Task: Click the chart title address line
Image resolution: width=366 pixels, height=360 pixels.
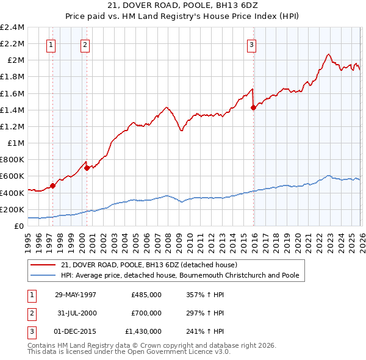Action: pyautogui.click(x=182, y=5)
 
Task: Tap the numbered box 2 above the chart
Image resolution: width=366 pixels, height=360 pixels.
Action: pyautogui.click(x=85, y=44)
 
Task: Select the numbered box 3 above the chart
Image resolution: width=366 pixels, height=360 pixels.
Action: pyautogui.click(x=251, y=44)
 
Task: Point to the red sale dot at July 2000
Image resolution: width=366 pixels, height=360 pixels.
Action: pyautogui.click(x=87, y=168)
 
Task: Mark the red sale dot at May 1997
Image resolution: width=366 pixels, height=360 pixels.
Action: pyautogui.click(x=53, y=185)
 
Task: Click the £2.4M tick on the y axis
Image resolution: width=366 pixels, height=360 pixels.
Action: pyautogui.click(x=12, y=27)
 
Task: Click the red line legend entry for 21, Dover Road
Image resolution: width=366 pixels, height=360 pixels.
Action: pyautogui.click(x=152, y=265)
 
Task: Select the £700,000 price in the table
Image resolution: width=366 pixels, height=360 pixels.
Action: pyautogui.click(x=146, y=313)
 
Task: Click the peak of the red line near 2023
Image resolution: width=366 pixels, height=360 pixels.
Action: pyautogui.click(x=328, y=54)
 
